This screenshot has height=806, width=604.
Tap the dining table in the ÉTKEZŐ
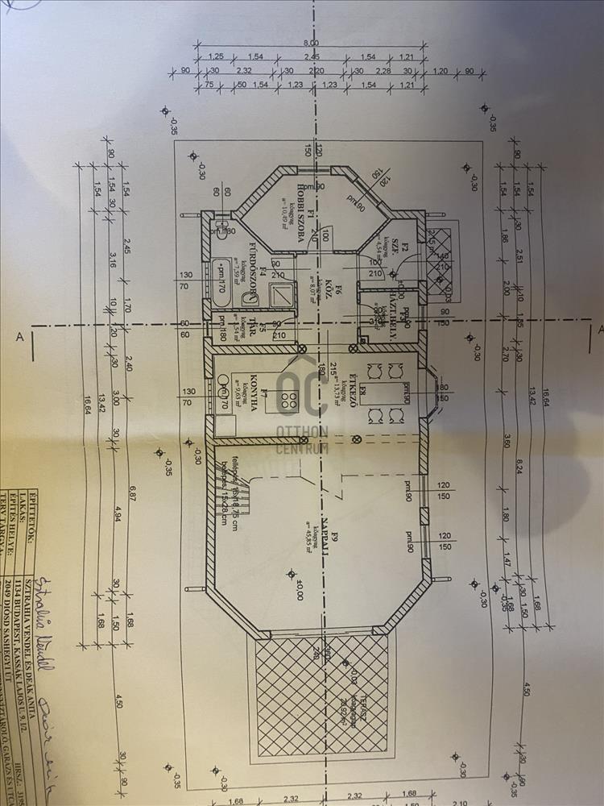[x=385, y=393]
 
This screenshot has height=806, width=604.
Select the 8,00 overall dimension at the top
[x=311, y=43]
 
